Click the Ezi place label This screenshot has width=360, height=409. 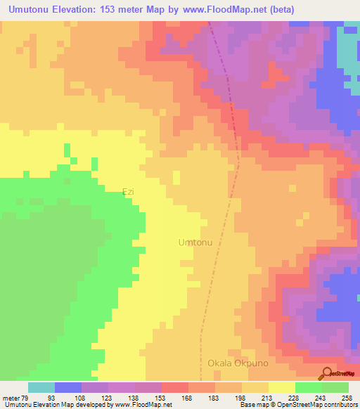coord(128,191)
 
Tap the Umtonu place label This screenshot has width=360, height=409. coord(195,242)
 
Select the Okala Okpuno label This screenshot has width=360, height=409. coord(239,363)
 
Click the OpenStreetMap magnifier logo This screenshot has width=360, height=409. coord(326,372)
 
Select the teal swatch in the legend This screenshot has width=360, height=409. coord(41,387)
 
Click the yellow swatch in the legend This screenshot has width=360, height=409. coord(281,387)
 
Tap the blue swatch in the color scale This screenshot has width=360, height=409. coord(68,387)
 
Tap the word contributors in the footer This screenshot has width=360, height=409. coord(337,405)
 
